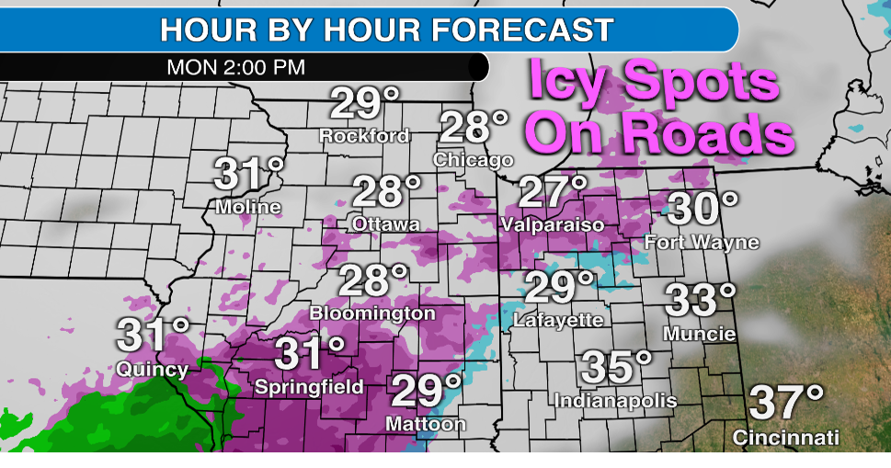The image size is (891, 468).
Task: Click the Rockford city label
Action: click(x=364, y=136)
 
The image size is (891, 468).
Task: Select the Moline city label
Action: click(x=248, y=208)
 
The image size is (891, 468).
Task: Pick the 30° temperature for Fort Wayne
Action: click(x=703, y=210)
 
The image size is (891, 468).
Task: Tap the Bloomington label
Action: click(x=372, y=313)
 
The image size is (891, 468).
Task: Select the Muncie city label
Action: click(x=699, y=333)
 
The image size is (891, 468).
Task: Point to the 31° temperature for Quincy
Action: click(x=153, y=336)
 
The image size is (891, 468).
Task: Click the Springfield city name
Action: click(x=310, y=386)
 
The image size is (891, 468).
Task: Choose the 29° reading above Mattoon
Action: click(x=426, y=391)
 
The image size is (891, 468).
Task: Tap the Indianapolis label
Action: click(x=615, y=401)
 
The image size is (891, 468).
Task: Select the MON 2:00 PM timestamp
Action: click(x=236, y=67)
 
